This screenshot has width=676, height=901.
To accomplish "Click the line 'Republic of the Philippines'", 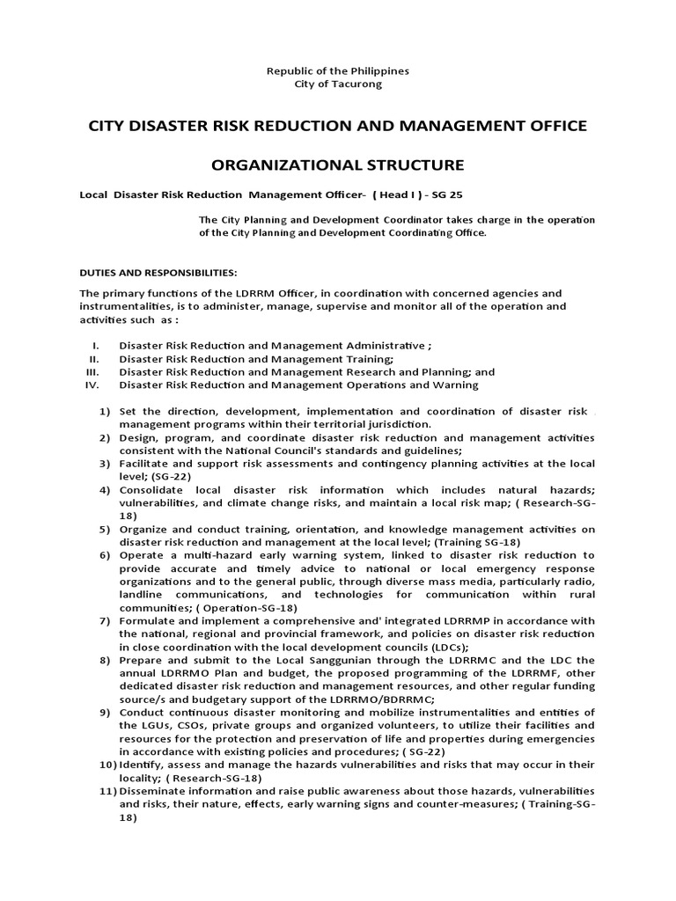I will coord(338,70).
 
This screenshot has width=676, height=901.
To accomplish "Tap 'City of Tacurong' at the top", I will coord(338,84).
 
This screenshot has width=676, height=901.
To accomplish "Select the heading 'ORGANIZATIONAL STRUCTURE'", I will coord(338,165).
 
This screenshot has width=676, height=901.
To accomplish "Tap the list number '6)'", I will coord(104,555).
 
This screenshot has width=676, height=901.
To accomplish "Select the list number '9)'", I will coord(104,712).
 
